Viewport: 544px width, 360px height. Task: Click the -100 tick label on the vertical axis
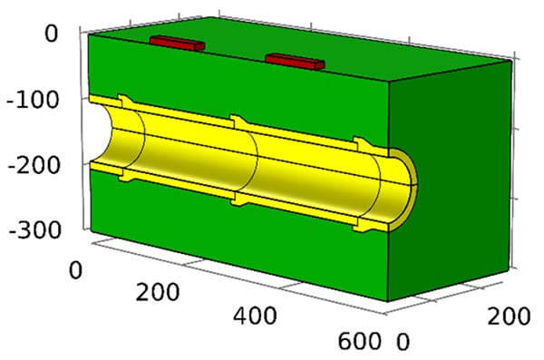(x=33, y=100)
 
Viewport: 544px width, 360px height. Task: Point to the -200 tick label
(x=34, y=166)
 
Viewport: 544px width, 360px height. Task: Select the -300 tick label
(x=34, y=229)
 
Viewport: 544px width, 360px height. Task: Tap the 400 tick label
(x=255, y=316)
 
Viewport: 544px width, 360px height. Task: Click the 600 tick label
(x=359, y=341)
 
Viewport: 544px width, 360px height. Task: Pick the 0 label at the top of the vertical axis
(x=52, y=34)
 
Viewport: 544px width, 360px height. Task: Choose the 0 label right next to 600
(x=403, y=342)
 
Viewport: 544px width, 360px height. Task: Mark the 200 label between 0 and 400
(x=158, y=292)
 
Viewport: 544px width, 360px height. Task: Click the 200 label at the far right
(x=509, y=316)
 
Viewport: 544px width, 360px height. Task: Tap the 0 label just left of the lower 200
(x=75, y=270)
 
